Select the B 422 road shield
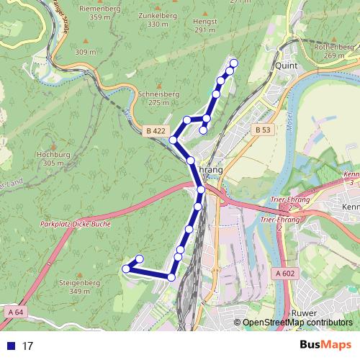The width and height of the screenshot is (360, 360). click(x=155, y=131)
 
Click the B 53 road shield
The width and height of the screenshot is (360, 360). click(x=263, y=130)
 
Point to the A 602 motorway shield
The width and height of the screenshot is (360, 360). click(x=285, y=273)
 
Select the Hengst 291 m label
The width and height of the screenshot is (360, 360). click(x=205, y=26)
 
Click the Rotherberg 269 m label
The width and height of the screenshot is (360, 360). click(x=330, y=50)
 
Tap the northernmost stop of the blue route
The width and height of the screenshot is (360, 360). click(x=233, y=63)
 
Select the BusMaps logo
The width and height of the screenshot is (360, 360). click(x=326, y=345)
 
